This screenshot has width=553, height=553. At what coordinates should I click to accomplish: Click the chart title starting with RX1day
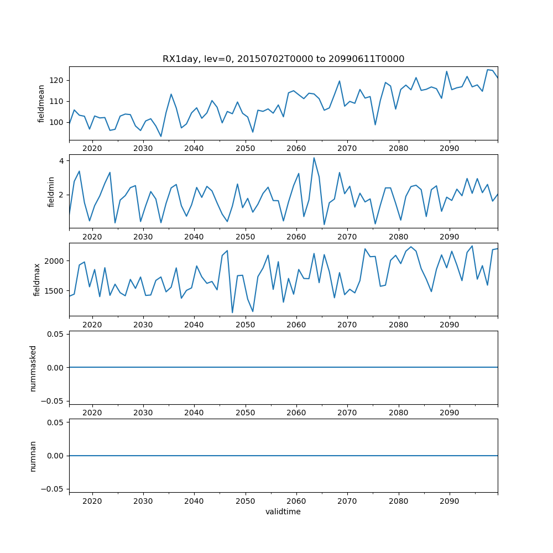click(283, 59)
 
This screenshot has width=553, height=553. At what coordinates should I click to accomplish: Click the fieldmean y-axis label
click(42, 103)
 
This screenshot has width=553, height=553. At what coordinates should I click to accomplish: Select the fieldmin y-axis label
click(51, 192)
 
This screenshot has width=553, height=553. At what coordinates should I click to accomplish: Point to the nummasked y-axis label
click(33, 368)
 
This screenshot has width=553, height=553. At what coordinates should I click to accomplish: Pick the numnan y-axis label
click(33, 456)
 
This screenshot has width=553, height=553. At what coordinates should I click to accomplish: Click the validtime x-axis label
click(283, 512)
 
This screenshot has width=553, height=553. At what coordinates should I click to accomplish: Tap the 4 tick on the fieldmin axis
click(62, 161)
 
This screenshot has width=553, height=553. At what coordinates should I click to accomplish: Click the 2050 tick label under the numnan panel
click(245, 500)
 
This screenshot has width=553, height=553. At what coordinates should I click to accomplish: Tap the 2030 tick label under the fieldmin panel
click(143, 236)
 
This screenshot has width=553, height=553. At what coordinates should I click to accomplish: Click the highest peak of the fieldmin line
click(314, 158)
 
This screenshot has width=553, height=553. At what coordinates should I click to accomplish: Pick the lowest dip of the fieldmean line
click(161, 137)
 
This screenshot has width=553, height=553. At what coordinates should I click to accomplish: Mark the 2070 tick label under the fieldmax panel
click(347, 324)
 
